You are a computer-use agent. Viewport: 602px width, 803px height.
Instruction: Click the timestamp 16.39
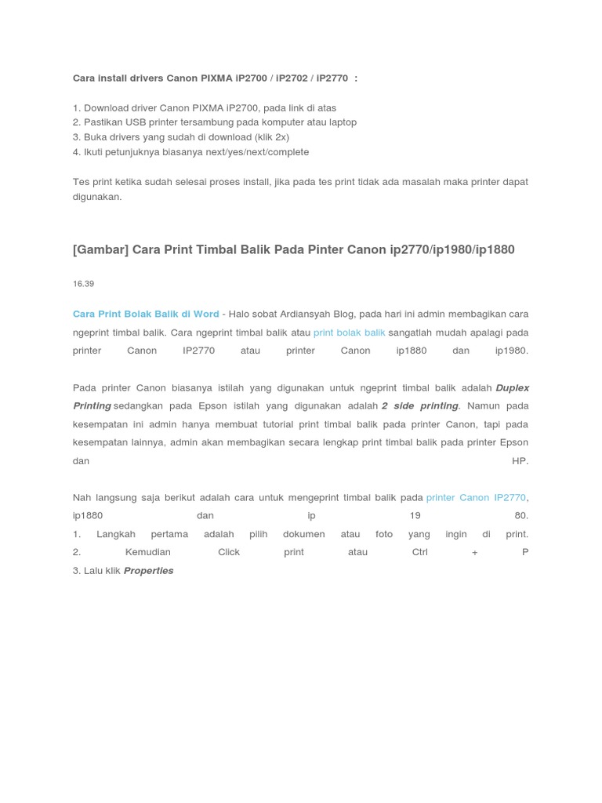click(x=83, y=283)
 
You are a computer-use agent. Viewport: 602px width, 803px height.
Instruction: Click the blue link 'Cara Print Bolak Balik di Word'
click(x=146, y=314)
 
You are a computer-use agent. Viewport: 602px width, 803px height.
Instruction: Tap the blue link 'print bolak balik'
click(x=349, y=332)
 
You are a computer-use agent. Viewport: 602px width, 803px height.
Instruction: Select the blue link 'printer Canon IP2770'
click(x=476, y=497)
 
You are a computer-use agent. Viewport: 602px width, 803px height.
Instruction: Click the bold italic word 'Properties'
click(x=148, y=571)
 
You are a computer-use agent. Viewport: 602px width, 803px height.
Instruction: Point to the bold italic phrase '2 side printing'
click(x=419, y=405)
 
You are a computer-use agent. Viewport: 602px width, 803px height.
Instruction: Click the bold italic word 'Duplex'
click(x=513, y=387)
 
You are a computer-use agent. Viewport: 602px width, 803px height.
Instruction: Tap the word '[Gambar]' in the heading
click(x=100, y=249)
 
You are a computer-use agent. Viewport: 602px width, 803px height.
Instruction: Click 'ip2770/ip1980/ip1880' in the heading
click(x=452, y=249)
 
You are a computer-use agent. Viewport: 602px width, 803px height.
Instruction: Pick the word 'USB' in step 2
click(x=136, y=122)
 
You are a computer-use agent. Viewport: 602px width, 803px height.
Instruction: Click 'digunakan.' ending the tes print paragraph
click(x=97, y=197)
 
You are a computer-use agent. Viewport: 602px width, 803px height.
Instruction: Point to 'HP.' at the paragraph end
click(x=520, y=460)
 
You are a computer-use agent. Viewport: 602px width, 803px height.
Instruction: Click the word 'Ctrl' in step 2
click(x=419, y=552)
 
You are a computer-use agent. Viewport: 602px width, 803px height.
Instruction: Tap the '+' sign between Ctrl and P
click(x=474, y=552)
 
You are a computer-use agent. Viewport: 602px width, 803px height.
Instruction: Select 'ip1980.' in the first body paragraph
click(x=512, y=351)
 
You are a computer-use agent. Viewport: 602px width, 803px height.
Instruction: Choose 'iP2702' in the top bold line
click(x=292, y=78)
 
